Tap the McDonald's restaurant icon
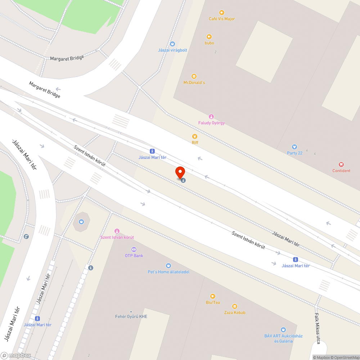pyautogui.click(x=194, y=76)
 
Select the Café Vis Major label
pyautogui.click(x=222, y=19)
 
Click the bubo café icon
pyautogui.click(x=209, y=36)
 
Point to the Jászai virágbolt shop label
pyautogui.click(x=172, y=50)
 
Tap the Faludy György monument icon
pyautogui.click(x=211, y=116)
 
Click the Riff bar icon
pyautogui.click(x=195, y=136)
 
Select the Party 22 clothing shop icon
pyautogui.click(x=294, y=147)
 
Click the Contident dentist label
pyautogui.click(x=341, y=171)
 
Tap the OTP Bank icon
pyautogui.click(x=134, y=249)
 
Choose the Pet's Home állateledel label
pyautogui.click(x=168, y=272)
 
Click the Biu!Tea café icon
pyautogui.click(x=212, y=296)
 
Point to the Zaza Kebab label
pyautogui.click(x=235, y=312)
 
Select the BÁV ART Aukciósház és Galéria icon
pyautogui.click(x=283, y=329)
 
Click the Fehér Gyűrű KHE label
pyautogui.click(x=131, y=316)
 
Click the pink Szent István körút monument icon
pyautogui.click(x=117, y=231)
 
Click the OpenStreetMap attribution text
pyautogui.click(x=345, y=357)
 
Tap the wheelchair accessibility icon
pyautogui.click(x=26, y=237)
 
